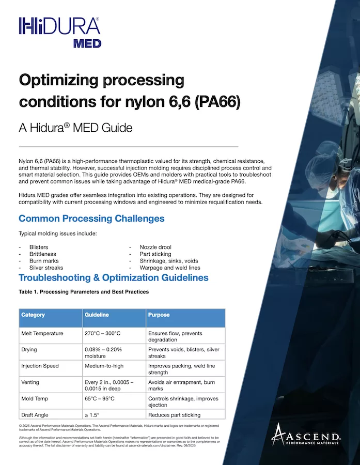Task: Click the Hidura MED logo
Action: (59, 33)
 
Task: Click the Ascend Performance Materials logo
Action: (306, 435)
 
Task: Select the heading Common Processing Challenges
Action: (91, 219)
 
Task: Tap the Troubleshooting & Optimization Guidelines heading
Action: (114, 277)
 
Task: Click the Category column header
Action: (33, 315)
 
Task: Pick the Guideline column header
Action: (97, 315)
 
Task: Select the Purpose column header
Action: (159, 315)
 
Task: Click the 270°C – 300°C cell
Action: (103, 333)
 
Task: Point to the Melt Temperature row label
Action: (42, 333)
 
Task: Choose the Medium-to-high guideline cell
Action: (104, 366)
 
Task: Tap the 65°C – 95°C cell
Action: (100, 398)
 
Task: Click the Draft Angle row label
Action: (35, 415)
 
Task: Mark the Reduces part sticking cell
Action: (175, 415)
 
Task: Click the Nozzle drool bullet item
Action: (155, 247)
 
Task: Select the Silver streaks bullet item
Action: (46, 268)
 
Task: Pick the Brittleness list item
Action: (43, 254)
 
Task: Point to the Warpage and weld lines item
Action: (170, 268)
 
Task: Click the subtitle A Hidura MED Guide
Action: (75, 128)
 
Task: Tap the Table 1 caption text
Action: (84, 292)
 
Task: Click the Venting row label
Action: (30, 382)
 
